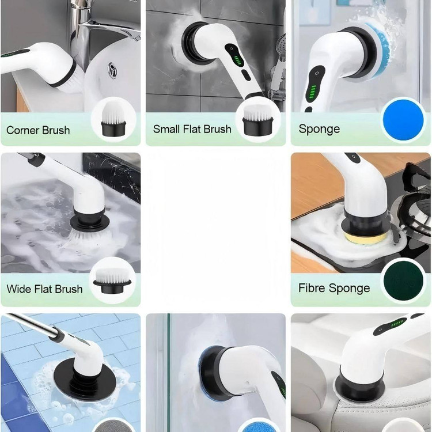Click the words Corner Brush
point(38,130)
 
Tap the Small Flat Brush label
point(192,129)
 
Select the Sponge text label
point(319,129)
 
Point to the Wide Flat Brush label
point(44,289)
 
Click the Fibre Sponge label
point(334,288)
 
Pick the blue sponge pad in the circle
point(403,120)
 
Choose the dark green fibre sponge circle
point(403,281)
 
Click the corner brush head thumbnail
point(114,120)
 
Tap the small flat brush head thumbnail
point(258,120)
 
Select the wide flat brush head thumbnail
point(112,280)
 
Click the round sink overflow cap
point(112,71)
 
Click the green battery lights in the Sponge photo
point(313,92)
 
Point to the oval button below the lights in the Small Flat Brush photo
point(246,75)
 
